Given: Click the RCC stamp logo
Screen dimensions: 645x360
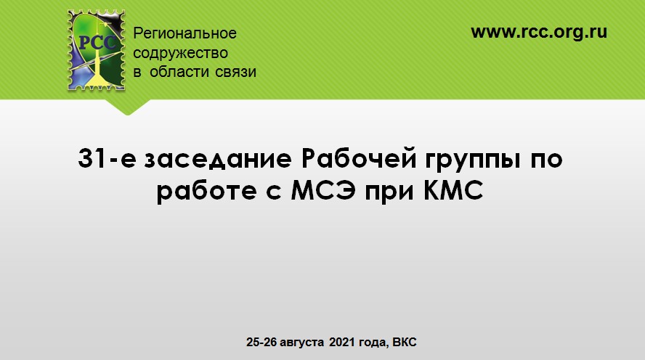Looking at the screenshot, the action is tap(97, 50).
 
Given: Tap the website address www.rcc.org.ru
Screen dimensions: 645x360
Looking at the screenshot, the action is tap(539, 32).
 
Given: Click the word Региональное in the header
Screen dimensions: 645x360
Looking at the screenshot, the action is tap(184, 33).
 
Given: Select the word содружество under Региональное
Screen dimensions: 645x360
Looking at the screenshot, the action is tap(180, 53).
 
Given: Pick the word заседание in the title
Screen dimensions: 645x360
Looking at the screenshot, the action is tap(218, 159).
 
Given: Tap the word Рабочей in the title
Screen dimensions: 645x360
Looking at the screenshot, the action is tap(359, 158).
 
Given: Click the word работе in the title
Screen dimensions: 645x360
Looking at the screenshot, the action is tap(207, 192).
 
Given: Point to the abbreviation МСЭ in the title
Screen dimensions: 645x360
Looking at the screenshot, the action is tap(323, 190).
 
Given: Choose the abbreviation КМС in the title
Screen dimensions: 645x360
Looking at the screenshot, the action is tap(453, 190).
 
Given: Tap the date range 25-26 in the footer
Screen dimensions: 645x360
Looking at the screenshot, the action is tap(261, 342).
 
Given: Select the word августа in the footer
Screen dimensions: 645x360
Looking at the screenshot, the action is tap(301, 343).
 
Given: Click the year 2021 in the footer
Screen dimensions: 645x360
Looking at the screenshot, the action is tap(342, 342).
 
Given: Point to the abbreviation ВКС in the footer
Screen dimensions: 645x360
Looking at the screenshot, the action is tap(405, 342).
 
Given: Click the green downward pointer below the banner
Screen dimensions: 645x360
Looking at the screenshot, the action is tap(128, 107).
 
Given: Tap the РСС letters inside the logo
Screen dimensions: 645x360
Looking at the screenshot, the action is tap(97, 43).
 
